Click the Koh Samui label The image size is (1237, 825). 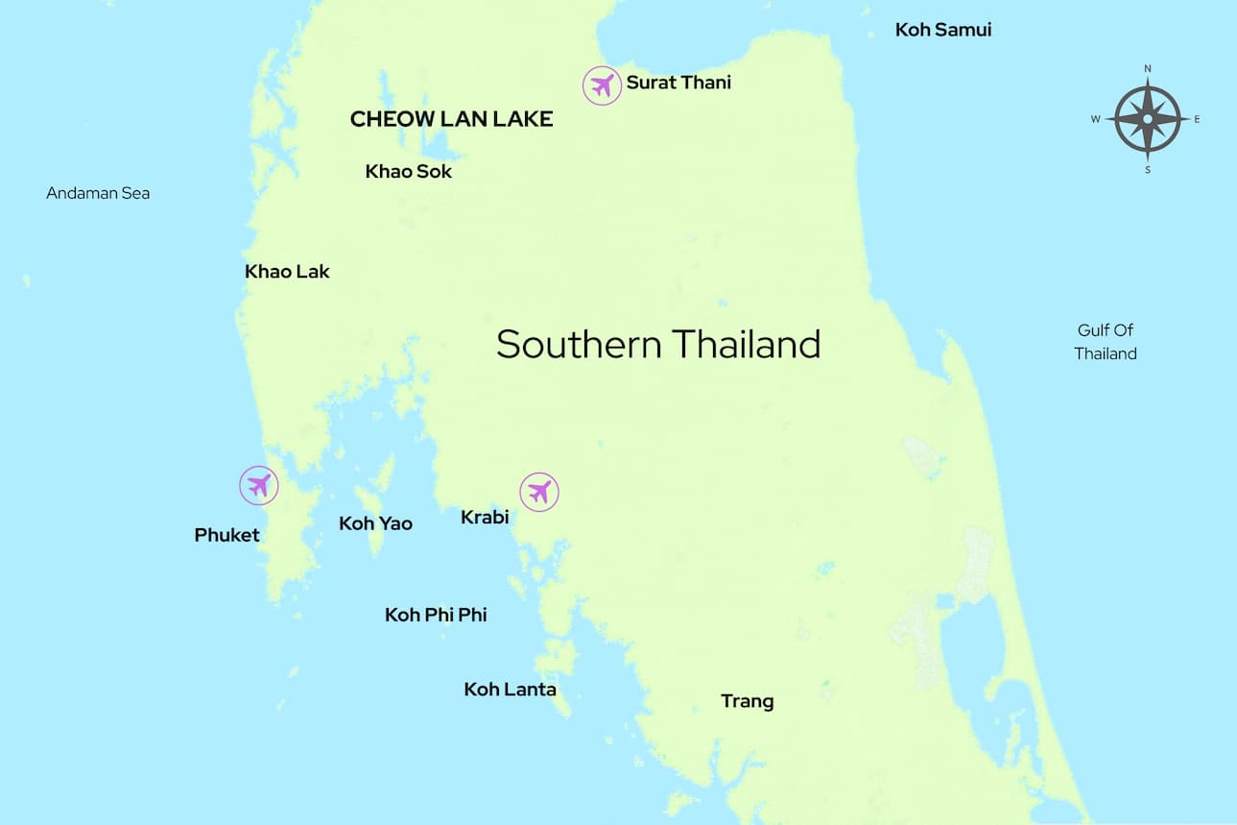pyautogui.click(x=942, y=30)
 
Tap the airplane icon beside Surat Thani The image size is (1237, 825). pyautogui.click(x=602, y=85)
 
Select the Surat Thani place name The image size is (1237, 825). pyautogui.click(x=678, y=83)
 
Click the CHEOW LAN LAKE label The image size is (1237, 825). pyautogui.click(x=451, y=119)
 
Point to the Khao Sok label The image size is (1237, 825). pyautogui.click(x=408, y=172)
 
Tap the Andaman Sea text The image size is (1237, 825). pyautogui.click(x=98, y=193)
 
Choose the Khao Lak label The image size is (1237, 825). pyautogui.click(x=287, y=272)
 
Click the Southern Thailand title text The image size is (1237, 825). pyautogui.click(x=658, y=344)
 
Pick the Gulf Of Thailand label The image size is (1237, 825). pyautogui.click(x=1106, y=342)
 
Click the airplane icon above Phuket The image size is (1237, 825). pyautogui.click(x=258, y=485)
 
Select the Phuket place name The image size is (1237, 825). pyautogui.click(x=226, y=535)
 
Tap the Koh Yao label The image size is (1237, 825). pyautogui.click(x=375, y=523)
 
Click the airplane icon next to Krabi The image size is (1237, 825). pyautogui.click(x=539, y=492)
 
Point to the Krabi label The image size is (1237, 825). pyautogui.click(x=484, y=518)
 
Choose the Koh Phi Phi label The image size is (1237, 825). pyautogui.click(x=436, y=615)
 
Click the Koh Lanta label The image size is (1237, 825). pyautogui.click(x=510, y=690)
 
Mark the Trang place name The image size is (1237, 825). pyautogui.click(x=747, y=701)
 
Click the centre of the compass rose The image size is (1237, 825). pyautogui.click(x=1148, y=119)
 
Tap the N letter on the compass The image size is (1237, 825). pyautogui.click(x=1148, y=69)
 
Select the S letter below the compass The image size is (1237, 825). pyautogui.click(x=1148, y=170)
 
